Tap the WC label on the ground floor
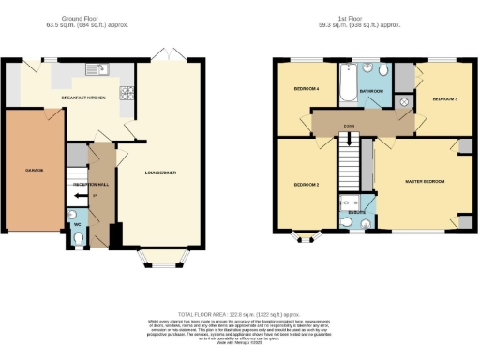click(77, 223)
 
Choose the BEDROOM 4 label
click(307, 88)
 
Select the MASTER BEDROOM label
click(424, 180)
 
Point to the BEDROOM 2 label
click(307, 185)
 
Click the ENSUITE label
click(356, 213)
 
